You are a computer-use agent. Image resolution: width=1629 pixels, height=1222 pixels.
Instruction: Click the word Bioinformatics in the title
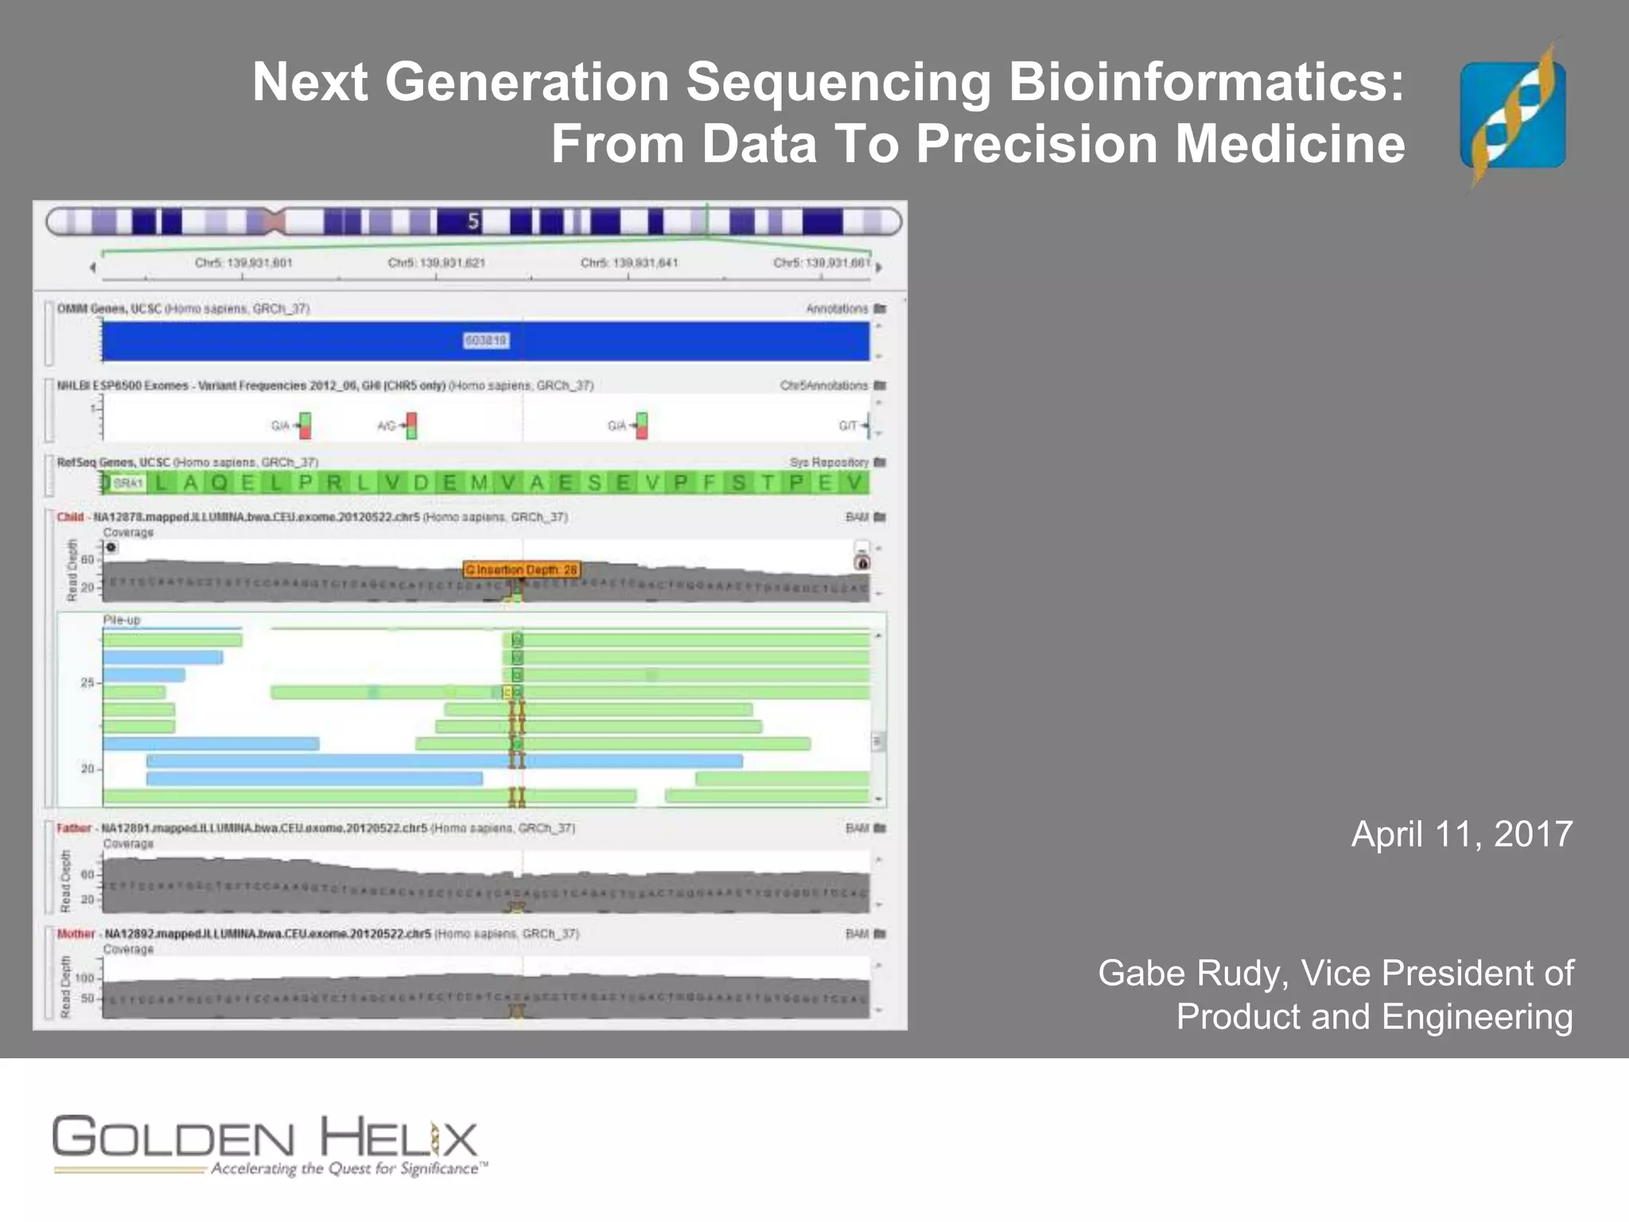pos(1206,82)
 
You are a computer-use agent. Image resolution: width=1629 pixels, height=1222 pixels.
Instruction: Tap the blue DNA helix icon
pos(1512,115)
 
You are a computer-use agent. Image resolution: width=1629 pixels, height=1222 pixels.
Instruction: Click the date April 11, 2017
pos(1461,835)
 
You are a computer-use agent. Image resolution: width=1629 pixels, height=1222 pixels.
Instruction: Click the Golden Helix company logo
pos(266,1144)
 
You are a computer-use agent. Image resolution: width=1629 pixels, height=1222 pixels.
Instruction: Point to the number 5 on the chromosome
pos(473,221)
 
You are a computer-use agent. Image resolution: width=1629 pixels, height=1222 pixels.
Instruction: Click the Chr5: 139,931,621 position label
pos(436,263)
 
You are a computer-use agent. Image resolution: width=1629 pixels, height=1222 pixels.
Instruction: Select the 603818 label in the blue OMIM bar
pos(485,341)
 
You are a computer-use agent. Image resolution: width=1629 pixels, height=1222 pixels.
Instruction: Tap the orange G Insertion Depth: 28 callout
pos(522,570)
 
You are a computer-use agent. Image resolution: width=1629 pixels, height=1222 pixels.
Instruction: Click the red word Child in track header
pos(70,517)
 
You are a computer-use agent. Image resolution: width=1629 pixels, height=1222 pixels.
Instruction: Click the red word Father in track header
pos(74,828)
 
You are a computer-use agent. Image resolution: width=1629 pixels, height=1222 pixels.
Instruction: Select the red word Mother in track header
pos(76,933)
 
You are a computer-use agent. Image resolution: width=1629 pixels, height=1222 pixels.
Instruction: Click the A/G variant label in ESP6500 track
pos(386,426)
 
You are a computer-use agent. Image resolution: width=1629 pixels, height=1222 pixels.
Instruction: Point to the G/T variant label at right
pos(847,426)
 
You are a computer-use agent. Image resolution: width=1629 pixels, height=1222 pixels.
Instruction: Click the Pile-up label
pos(121,620)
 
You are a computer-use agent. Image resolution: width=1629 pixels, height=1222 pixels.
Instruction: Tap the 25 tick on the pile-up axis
pos(87,683)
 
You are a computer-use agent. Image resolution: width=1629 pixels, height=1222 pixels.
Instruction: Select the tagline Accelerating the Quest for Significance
pos(346,1169)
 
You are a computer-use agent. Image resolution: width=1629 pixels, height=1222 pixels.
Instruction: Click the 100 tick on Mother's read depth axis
pos(84,978)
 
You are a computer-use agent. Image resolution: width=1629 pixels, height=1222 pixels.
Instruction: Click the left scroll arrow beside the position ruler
pos(93,267)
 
